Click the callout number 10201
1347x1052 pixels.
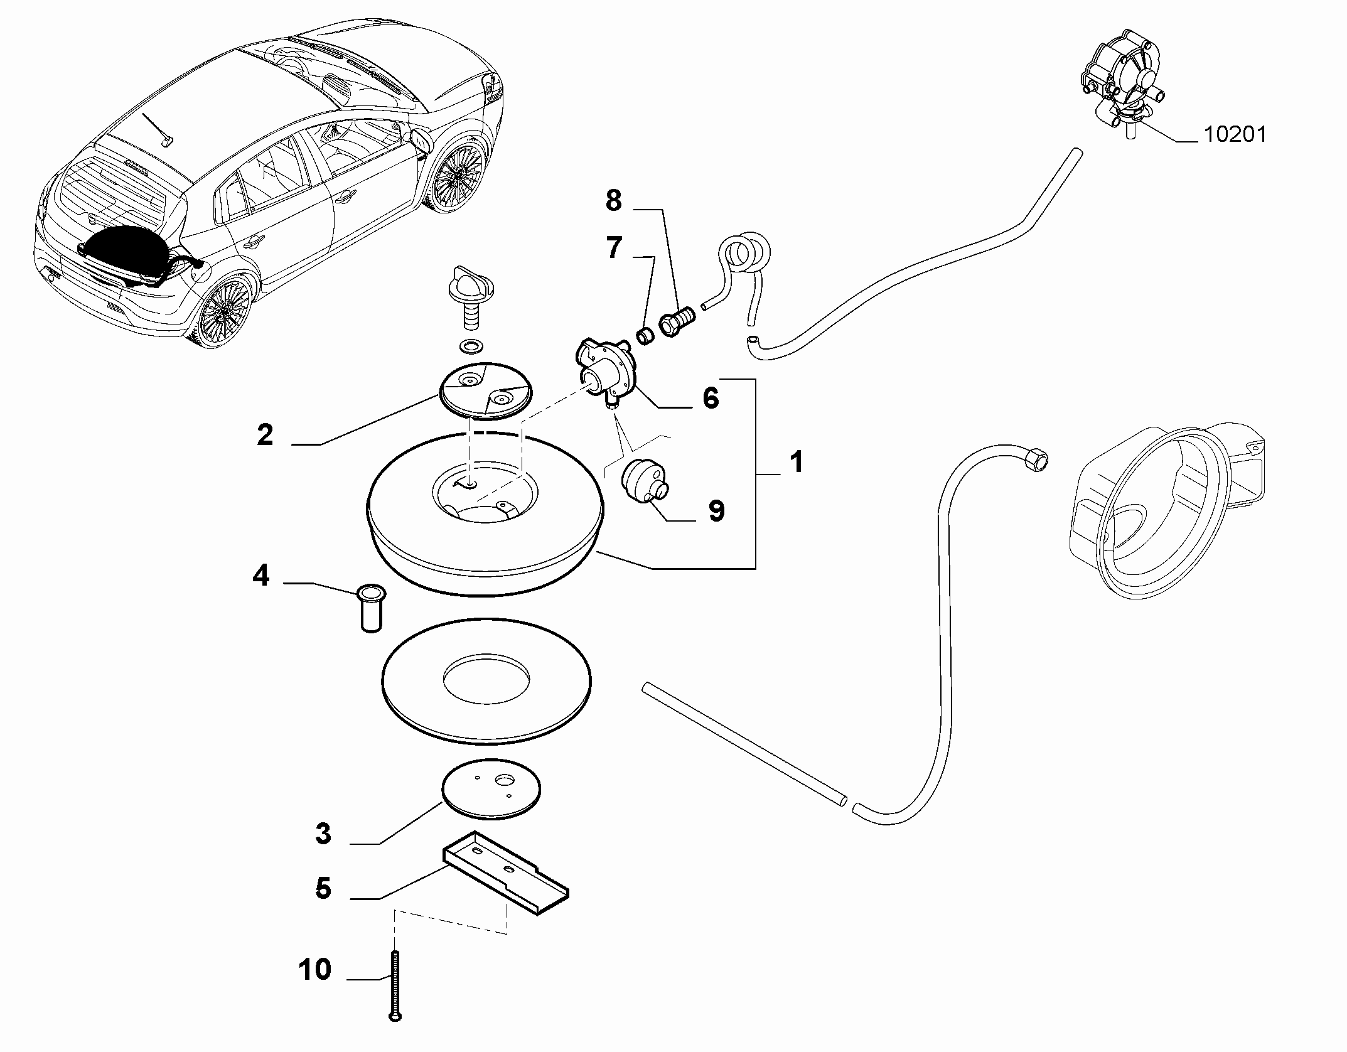pyautogui.click(x=1235, y=134)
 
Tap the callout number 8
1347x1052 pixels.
pyautogui.click(x=613, y=201)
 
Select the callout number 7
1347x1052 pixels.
pyautogui.click(x=613, y=249)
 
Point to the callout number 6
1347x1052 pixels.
pyautogui.click(x=711, y=398)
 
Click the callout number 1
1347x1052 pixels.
pyautogui.click(x=796, y=463)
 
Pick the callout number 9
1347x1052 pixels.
pyautogui.click(x=716, y=511)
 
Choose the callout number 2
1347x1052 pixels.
pyautogui.click(x=265, y=435)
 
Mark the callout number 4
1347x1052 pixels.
pyautogui.click(x=260, y=575)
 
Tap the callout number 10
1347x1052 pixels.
pyautogui.click(x=315, y=970)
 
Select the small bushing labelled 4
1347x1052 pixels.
pyautogui.click(x=371, y=608)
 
